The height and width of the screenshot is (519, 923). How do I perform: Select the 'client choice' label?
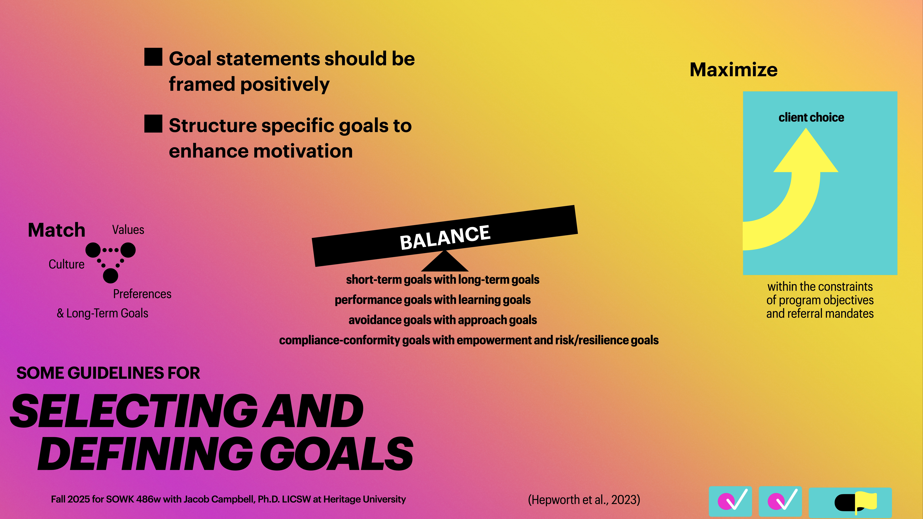pos(811,118)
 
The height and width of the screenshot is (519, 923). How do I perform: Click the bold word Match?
pos(57,230)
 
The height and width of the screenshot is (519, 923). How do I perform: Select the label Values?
pos(128,230)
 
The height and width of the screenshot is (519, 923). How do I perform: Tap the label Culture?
pos(67,264)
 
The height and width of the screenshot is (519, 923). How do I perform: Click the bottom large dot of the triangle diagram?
pos(110,276)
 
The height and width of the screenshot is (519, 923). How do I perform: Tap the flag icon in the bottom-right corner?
pos(865,501)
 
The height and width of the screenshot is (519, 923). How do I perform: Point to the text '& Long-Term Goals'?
pos(102,313)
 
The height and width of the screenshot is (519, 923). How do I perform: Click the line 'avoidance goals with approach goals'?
pos(443,320)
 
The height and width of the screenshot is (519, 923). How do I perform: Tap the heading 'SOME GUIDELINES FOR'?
pos(108,373)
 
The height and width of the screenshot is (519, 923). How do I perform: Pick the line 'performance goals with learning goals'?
pos(432,300)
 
